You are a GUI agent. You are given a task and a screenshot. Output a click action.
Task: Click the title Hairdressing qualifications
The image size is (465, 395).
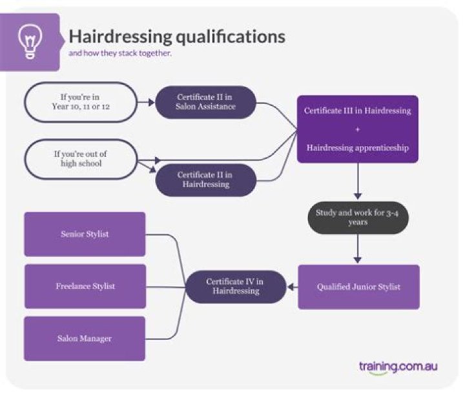pos(176,36)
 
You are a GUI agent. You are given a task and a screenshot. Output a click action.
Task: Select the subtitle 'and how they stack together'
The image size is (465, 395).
pos(120,54)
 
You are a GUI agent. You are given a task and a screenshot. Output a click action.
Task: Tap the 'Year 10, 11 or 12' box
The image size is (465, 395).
pos(81,102)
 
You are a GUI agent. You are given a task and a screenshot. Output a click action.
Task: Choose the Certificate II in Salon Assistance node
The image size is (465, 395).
pos(205,102)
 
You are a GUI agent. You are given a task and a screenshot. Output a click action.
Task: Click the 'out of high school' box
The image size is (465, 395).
pos(81,159)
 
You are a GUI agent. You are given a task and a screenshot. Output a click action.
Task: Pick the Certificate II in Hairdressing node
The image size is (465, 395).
pos(205,180)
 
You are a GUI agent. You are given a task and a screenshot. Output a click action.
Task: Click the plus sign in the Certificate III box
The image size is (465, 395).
pos(357,129)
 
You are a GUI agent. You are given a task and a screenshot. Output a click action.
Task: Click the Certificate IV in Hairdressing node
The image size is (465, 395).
pos(236,287)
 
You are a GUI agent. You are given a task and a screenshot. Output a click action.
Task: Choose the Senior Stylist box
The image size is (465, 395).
pos(85,234)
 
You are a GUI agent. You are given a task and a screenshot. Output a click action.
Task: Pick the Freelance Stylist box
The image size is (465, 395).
pos(85,286)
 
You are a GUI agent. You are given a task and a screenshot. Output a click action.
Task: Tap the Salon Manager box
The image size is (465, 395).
pos(85,338)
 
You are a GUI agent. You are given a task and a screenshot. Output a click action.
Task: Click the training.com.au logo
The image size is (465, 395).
pos(398,367)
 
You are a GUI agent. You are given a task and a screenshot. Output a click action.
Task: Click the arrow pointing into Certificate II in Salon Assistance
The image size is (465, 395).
pos(147,102)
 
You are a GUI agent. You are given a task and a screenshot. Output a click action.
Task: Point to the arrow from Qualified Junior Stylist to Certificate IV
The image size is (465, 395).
pos(291,287)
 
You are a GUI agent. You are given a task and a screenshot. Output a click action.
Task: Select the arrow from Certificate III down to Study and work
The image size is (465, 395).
pos(357,192)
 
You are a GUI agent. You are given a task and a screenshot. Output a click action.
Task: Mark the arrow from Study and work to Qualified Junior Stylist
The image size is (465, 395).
pos(357,256)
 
